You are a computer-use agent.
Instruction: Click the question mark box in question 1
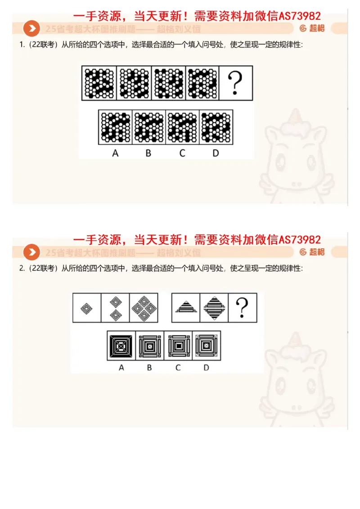pyautogui.click(x=236, y=83)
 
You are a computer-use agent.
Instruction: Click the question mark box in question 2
pyautogui.click(x=243, y=308)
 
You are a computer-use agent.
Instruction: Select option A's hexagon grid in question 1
pyautogui.click(x=115, y=127)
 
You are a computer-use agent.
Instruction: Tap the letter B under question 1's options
pyautogui.click(x=148, y=153)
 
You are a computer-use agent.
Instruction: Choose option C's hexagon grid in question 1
pyautogui.click(x=183, y=127)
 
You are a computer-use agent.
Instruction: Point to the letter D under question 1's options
pyautogui.click(x=216, y=153)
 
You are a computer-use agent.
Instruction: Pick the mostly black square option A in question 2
pyautogui.click(x=121, y=346)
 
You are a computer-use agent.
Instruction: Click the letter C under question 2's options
pyautogui.click(x=178, y=368)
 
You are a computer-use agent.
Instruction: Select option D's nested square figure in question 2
pyautogui.click(x=207, y=346)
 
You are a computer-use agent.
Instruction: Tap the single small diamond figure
pyautogui.click(x=87, y=308)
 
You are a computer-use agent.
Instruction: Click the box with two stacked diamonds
pyautogui.click(x=115, y=308)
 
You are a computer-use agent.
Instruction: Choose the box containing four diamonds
pyautogui.click(x=144, y=308)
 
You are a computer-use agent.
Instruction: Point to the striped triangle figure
pyautogui.click(x=186, y=308)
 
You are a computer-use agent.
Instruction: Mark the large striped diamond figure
pyautogui.click(x=214, y=308)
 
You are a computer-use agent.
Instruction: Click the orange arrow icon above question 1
pyautogui.click(x=31, y=29)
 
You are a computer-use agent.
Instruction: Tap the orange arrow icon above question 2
pyautogui.click(x=31, y=252)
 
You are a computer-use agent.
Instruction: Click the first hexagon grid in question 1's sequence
pyautogui.click(x=99, y=83)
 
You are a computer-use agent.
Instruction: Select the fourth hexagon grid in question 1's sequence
pyautogui.click(x=202, y=83)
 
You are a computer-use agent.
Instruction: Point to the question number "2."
pyautogui.click(x=22, y=269)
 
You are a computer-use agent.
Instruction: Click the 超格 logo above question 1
pyautogui.click(x=312, y=28)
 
